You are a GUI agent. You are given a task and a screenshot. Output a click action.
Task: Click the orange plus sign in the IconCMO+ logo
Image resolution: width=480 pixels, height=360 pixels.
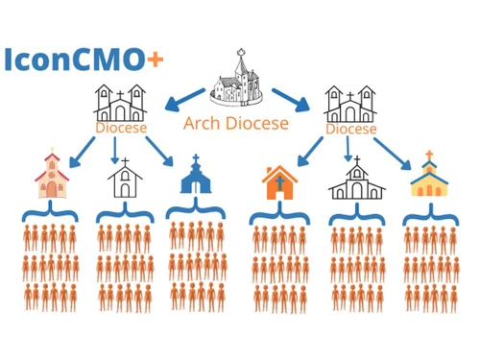pyautogui.click(x=155, y=59)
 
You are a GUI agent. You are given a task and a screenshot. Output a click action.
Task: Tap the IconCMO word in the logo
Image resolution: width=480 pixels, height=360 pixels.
pyautogui.click(x=75, y=60)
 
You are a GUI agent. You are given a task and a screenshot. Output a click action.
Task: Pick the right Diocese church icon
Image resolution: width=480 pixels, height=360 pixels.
pyautogui.click(x=348, y=104)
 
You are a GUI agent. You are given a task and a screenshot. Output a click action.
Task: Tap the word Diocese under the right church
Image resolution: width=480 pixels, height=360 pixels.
pyautogui.click(x=349, y=128)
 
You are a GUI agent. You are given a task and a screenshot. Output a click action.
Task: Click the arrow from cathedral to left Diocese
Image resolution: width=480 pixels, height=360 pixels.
pyautogui.click(x=183, y=97)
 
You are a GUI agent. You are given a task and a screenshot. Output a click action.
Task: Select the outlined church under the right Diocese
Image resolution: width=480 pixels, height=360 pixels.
pyautogui.click(x=356, y=180)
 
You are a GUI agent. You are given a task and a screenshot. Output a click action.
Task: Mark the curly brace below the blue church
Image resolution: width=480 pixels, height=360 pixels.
pyautogui.click(x=196, y=209)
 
